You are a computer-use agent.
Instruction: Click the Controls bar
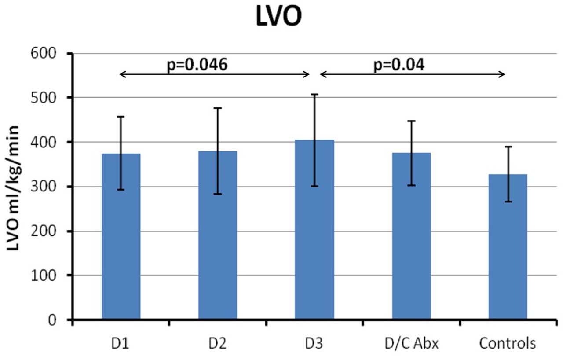coord(508,246)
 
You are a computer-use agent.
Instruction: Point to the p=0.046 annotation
coord(197,65)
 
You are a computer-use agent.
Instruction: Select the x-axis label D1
coord(121,343)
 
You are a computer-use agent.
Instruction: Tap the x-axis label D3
coord(314,343)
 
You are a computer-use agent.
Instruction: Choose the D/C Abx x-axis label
coord(411,343)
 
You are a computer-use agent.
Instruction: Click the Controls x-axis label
coord(508,343)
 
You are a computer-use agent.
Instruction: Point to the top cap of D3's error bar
coord(314,94)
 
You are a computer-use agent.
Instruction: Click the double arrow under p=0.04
coord(413,75)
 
